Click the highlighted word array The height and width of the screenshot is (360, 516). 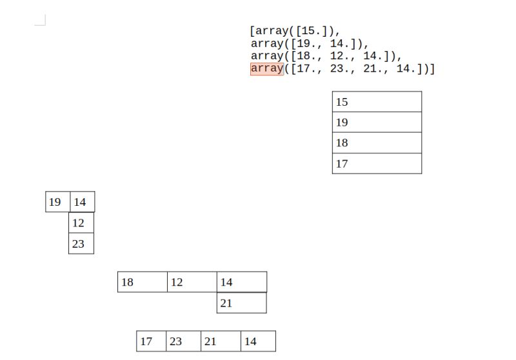click(266, 68)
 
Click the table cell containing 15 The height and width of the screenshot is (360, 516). click(377, 102)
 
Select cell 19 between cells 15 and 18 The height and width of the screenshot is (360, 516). click(377, 123)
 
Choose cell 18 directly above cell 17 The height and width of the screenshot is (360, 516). click(377, 143)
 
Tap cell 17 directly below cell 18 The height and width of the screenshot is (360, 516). click(377, 164)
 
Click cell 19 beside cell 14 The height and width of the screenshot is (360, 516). click(57, 202)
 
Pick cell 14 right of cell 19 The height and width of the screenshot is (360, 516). click(82, 202)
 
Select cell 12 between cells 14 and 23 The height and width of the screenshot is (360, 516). click(81, 223)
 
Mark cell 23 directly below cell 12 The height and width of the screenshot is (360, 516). click(81, 244)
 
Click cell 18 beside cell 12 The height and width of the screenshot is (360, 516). click(143, 282)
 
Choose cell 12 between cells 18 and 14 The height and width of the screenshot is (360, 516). click(192, 282)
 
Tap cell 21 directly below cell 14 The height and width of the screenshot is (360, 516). click(241, 303)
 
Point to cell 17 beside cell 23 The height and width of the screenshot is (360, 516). click(151, 341)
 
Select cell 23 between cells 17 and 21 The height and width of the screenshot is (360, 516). click(183, 341)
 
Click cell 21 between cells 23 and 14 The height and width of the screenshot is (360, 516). click(221, 341)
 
